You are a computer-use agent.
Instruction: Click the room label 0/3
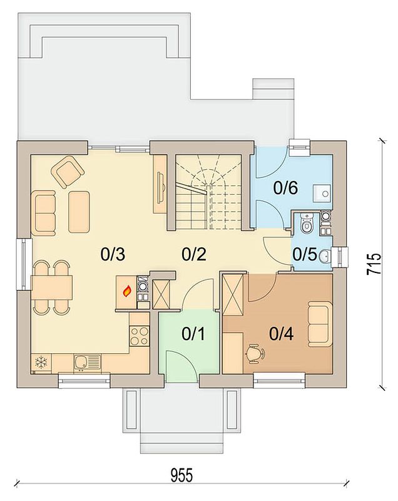point(113,255)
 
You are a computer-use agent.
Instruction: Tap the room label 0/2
point(194,255)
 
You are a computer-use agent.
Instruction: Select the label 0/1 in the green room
point(193,334)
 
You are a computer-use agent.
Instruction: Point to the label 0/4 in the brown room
point(282,334)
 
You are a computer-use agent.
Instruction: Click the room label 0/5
point(305,255)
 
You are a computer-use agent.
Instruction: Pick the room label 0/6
point(285,188)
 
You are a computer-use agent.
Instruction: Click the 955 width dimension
point(181,475)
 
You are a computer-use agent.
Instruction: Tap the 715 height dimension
point(374,264)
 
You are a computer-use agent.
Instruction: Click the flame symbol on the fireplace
point(127,291)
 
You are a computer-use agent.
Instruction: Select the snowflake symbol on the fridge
point(41,363)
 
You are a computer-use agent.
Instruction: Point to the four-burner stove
point(139,336)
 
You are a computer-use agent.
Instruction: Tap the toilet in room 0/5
point(307,223)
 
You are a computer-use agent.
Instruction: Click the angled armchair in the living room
point(68,171)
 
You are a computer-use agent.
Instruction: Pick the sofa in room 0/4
point(320,324)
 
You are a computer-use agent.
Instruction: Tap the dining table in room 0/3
point(52,287)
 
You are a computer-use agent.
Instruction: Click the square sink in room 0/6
point(322,193)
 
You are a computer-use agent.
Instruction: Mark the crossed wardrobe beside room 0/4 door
point(233,294)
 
